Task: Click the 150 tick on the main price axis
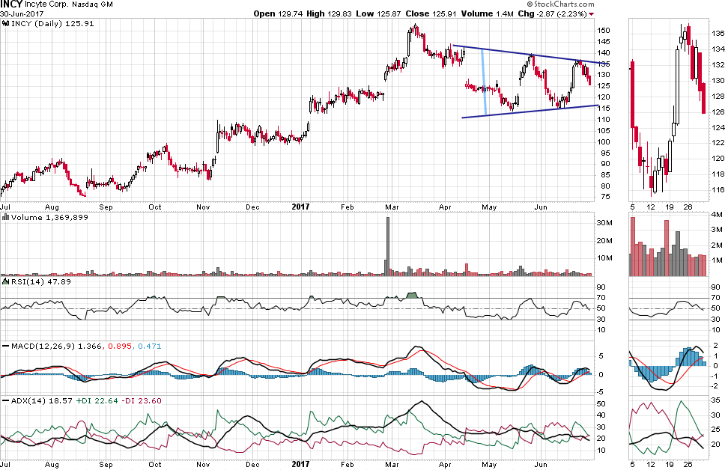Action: coord(604,31)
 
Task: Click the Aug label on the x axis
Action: coord(52,206)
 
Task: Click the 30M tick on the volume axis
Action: coord(605,222)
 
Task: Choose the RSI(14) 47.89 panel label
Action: coord(33,282)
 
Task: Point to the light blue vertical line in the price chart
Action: coord(485,82)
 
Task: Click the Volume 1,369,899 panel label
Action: coord(44,217)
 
